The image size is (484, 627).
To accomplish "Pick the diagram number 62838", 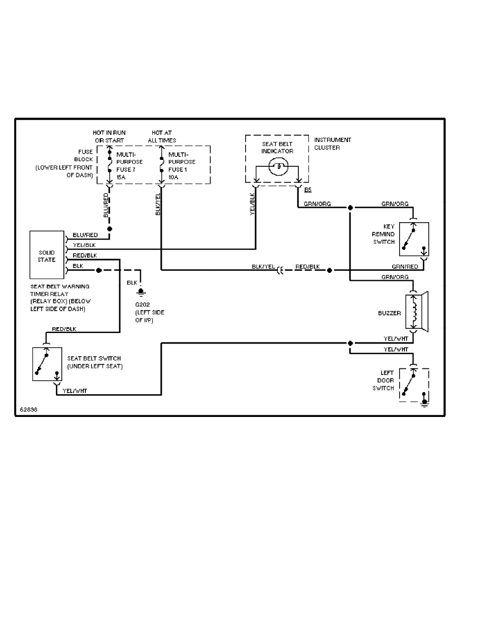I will (28, 409).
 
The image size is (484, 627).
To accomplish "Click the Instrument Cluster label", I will (332, 144).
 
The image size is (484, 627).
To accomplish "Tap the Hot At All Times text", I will (162, 136).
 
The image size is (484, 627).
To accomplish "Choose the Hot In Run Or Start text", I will (110, 136).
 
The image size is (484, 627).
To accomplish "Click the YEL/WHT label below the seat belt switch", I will (75, 391).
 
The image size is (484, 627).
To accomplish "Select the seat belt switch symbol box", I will (46, 364).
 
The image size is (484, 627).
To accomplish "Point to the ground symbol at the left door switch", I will (424, 404).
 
